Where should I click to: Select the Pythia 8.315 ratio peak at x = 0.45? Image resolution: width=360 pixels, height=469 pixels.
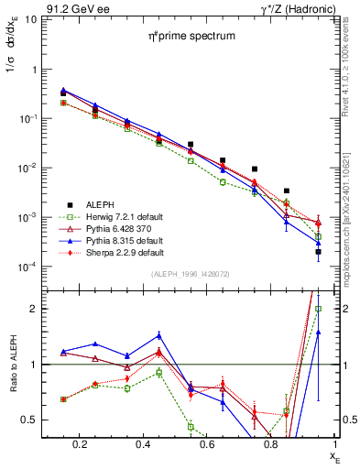(158, 335)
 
